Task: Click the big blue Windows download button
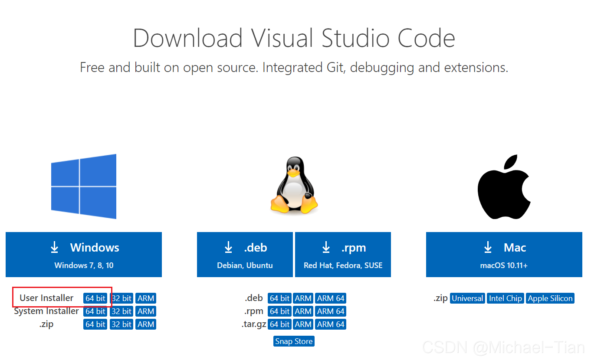(84, 254)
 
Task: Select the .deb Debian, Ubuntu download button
(245, 254)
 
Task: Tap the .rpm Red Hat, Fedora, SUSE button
(343, 254)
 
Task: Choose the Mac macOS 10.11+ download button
(504, 254)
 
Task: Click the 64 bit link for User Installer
(95, 298)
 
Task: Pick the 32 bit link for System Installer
(121, 311)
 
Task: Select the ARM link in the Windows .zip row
(146, 324)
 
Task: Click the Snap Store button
(294, 341)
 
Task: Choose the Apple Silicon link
(550, 298)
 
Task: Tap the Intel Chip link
(505, 298)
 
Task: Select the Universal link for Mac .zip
(467, 298)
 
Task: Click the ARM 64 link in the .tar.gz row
(331, 324)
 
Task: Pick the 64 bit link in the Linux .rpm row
(279, 311)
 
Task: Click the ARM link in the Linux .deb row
(303, 298)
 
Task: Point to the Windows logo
(84, 187)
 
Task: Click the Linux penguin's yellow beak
(294, 173)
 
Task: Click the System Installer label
(46, 311)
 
